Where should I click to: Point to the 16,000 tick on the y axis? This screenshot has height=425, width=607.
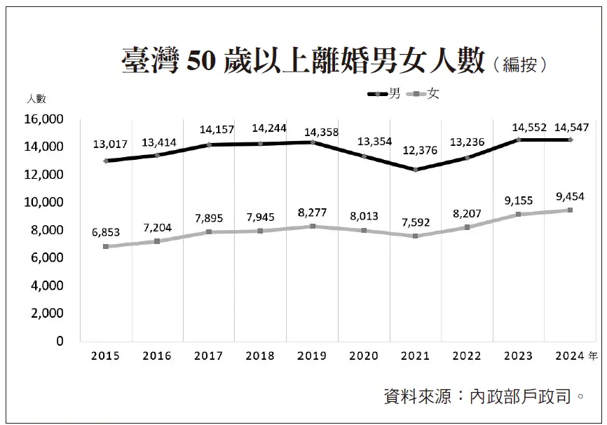click(44, 119)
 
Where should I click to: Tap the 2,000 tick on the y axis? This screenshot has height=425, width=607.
click(47, 313)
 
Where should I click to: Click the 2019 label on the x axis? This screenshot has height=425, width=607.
click(312, 356)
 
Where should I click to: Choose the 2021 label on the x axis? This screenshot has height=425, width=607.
click(415, 356)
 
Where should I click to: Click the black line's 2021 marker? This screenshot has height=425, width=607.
click(415, 170)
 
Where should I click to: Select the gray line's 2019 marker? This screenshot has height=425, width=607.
click(313, 227)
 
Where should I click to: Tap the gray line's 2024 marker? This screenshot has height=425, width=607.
click(570, 210)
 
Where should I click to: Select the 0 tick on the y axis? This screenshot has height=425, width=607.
click(60, 341)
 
